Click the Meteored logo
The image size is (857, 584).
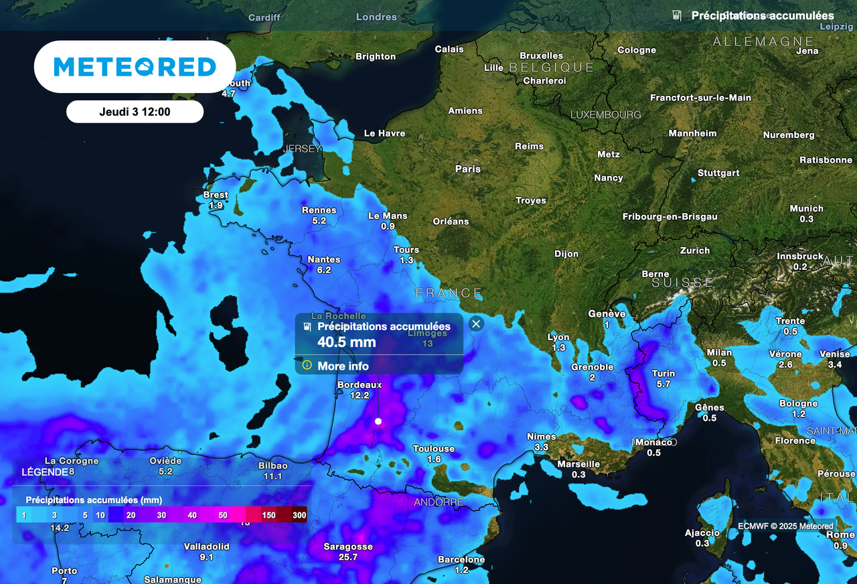tap(135, 66)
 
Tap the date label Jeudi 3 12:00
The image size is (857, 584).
tap(135, 112)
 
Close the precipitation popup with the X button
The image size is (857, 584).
tap(476, 324)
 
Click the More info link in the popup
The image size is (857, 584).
tap(343, 366)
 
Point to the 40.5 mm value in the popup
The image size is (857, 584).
tap(347, 342)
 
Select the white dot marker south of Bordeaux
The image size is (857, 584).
tap(378, 421)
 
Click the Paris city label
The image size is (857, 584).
tap(468, 169)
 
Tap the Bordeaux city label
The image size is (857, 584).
tap(360, 385)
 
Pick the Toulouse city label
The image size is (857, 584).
tap(434, 449)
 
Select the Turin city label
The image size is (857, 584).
tap(664, 373)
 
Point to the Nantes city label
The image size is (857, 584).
tap(324, 259)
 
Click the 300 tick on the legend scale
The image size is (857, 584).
tap(299, 515)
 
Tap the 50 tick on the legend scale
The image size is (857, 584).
tap(223, 515)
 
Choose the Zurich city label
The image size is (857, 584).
tap(695, 250)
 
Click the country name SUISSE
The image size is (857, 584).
tap(682, 283)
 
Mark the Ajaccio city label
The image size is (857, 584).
tap(702, 533)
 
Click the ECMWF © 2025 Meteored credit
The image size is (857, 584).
tap(786, 526)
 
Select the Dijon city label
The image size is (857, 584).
tap(566, 254)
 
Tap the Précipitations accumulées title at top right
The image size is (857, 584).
tap(762, 15)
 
